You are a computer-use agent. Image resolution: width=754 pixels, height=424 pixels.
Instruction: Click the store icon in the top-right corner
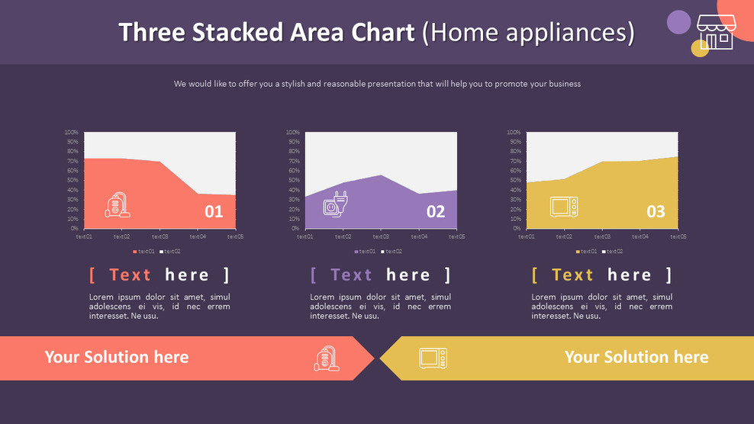(x=714, y=34)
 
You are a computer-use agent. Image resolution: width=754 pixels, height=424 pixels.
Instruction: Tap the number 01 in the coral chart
(x=214, y=211)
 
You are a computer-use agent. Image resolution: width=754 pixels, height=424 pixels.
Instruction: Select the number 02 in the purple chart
(x=435, y=211)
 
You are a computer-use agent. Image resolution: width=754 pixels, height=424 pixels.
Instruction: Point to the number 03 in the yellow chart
(x=656, y=211)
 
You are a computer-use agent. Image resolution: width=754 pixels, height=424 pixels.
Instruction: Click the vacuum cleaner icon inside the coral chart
(x=118, y=205)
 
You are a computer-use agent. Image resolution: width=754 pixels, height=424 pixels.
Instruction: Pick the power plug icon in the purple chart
(x=336, y=204)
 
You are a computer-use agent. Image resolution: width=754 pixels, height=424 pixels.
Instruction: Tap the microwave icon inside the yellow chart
(x=563, y=207)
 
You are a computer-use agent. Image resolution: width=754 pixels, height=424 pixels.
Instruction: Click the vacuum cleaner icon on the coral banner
(x=327, y=358)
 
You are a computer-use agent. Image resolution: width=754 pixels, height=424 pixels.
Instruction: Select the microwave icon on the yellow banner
(x=433, y=358)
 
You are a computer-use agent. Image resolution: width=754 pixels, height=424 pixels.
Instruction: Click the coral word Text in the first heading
(x=130, y=275)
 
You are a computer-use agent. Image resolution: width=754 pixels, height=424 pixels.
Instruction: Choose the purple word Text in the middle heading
(x=351, y=275)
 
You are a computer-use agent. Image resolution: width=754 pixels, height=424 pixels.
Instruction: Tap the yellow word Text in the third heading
(x=572, y=275)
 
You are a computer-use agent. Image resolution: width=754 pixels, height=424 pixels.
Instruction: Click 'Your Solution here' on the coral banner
(x=116, y=357)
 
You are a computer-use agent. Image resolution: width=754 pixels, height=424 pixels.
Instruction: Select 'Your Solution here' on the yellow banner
(x=636, y=357)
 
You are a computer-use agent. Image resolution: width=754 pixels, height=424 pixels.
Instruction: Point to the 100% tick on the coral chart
(x=72, y=133)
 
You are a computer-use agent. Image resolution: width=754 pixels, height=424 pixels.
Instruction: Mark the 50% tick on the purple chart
(x=293, y=180)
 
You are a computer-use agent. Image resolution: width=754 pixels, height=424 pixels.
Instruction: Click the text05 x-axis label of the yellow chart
(x=678, y=236)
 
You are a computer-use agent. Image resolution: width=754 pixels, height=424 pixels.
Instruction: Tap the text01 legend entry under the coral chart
(x=144, y=251)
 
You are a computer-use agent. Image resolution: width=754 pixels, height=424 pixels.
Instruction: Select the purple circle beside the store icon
(x=678, y=22)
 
